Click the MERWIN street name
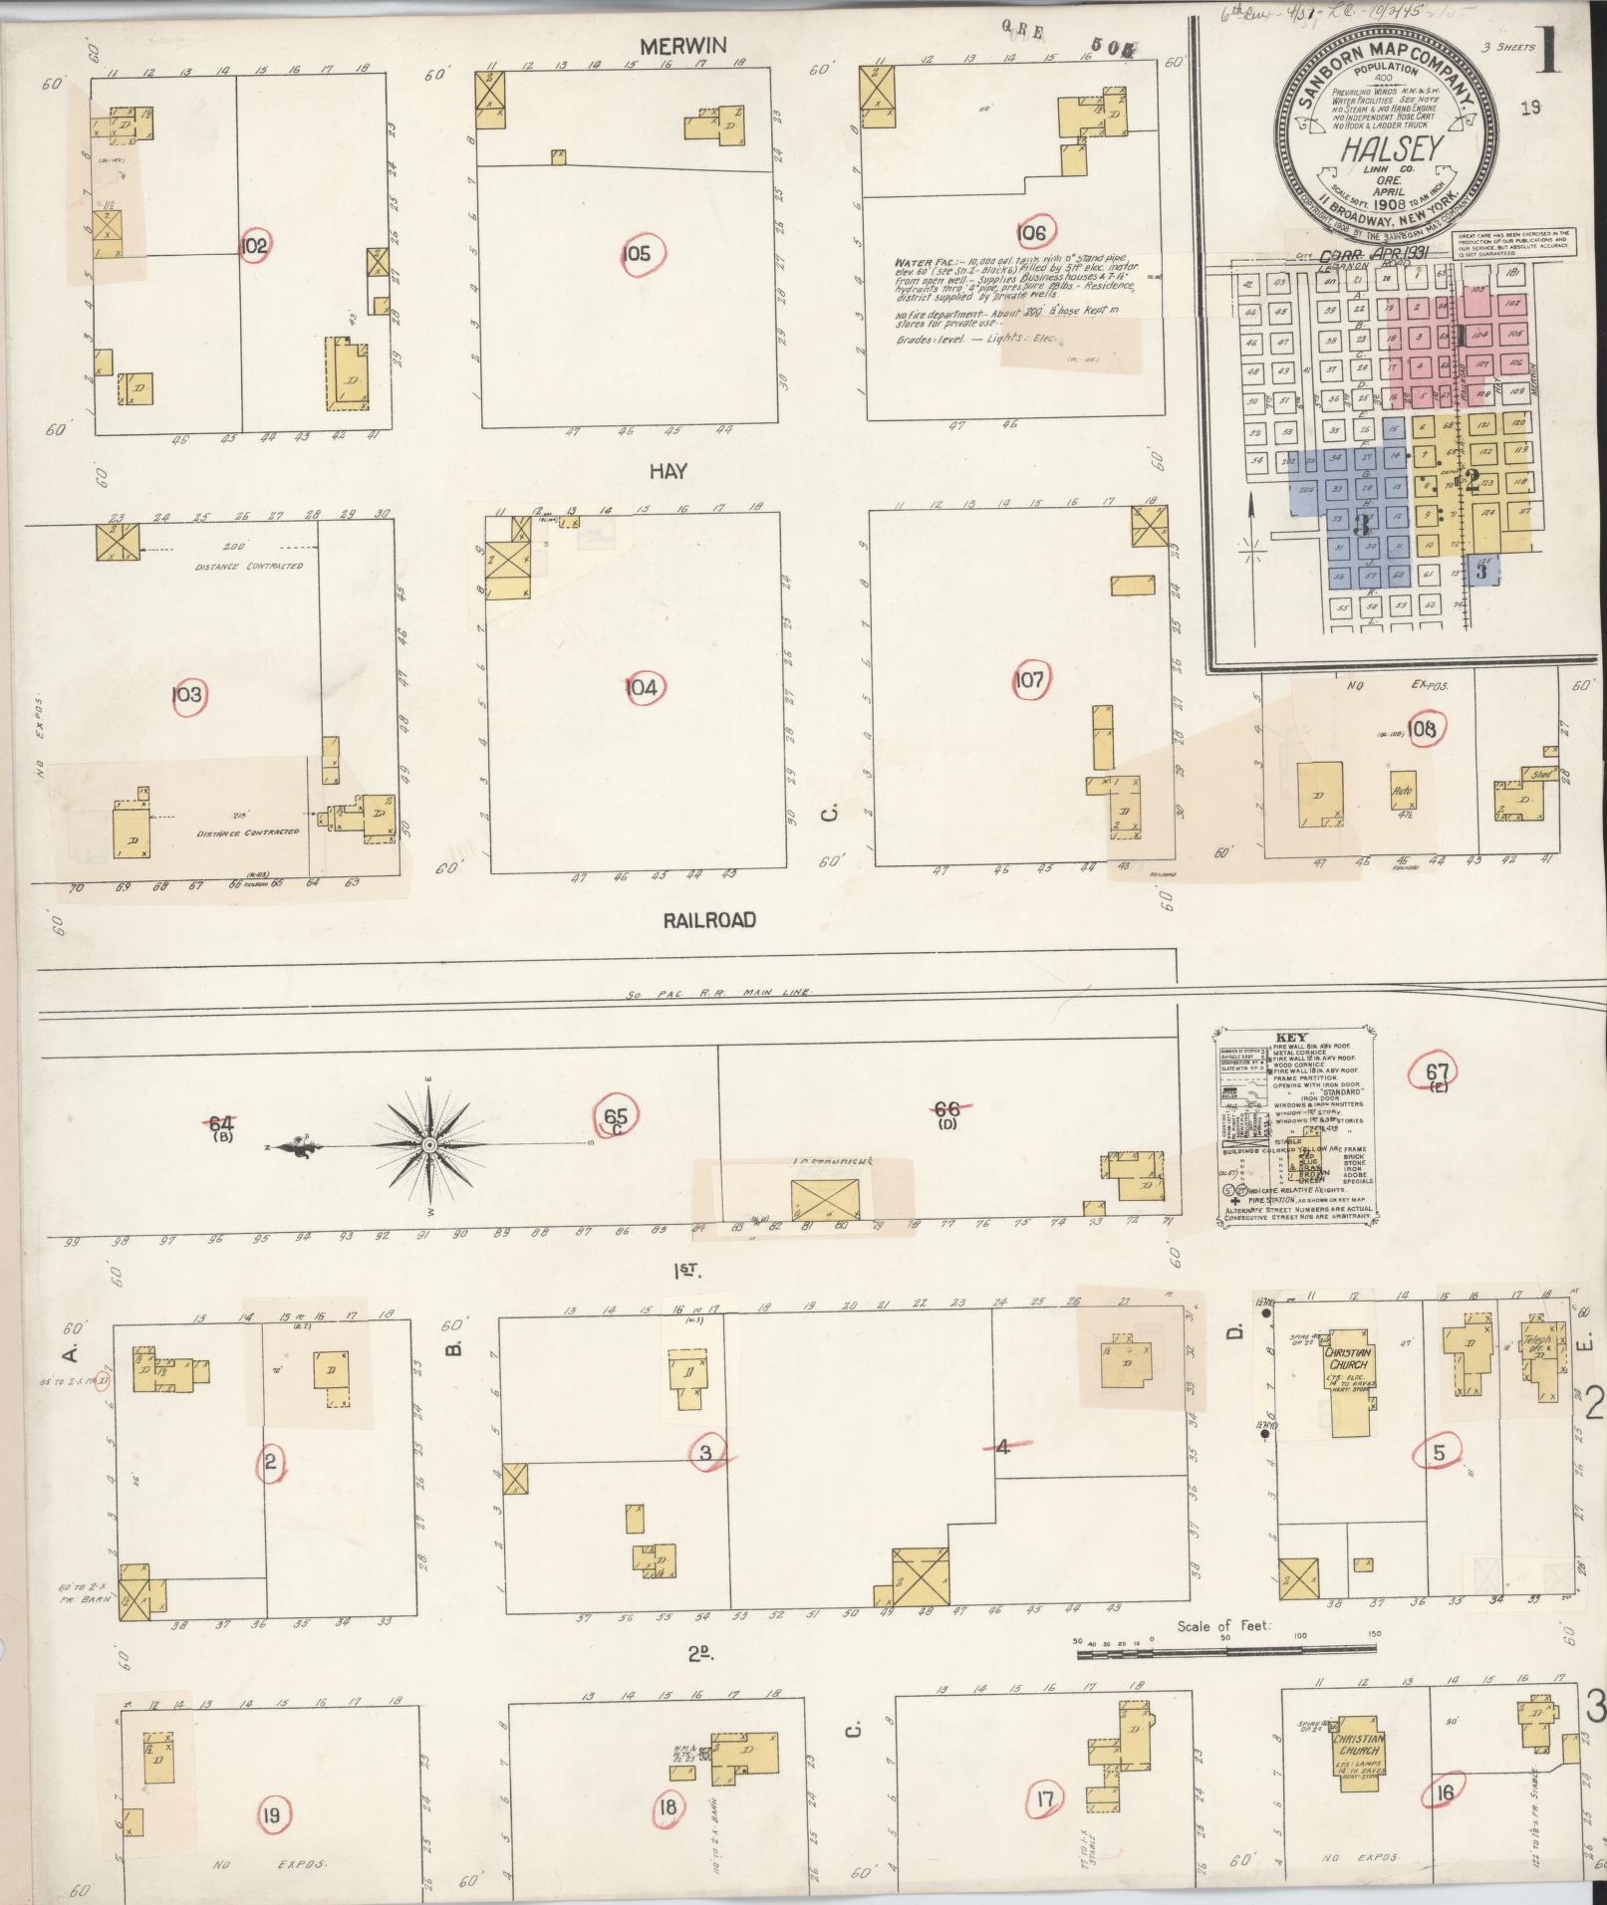pos(683,46)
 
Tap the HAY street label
pos(668,471)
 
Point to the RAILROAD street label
pos(709,919)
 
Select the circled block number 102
pos(254,245)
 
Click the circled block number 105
pos(635,254)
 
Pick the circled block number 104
pos(643,687)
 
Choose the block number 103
pos(187,693)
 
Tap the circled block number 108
pos(1423,729)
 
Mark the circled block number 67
pos(1437,1072)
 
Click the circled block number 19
pos(270,1814)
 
